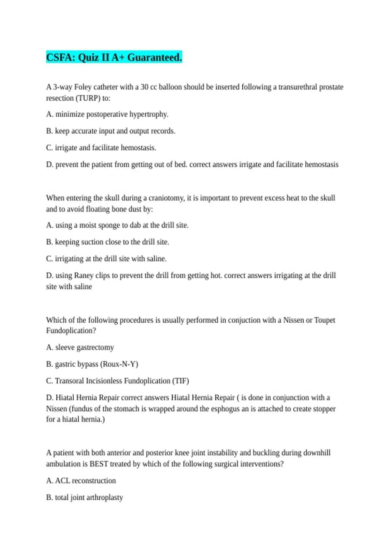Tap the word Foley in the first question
click(x=83, y=87)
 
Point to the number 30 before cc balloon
click(x=144, y=87)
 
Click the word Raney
click(x=84, y=276)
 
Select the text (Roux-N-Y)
click(x=119, y=364)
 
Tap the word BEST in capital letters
click(x=99, y=464)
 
